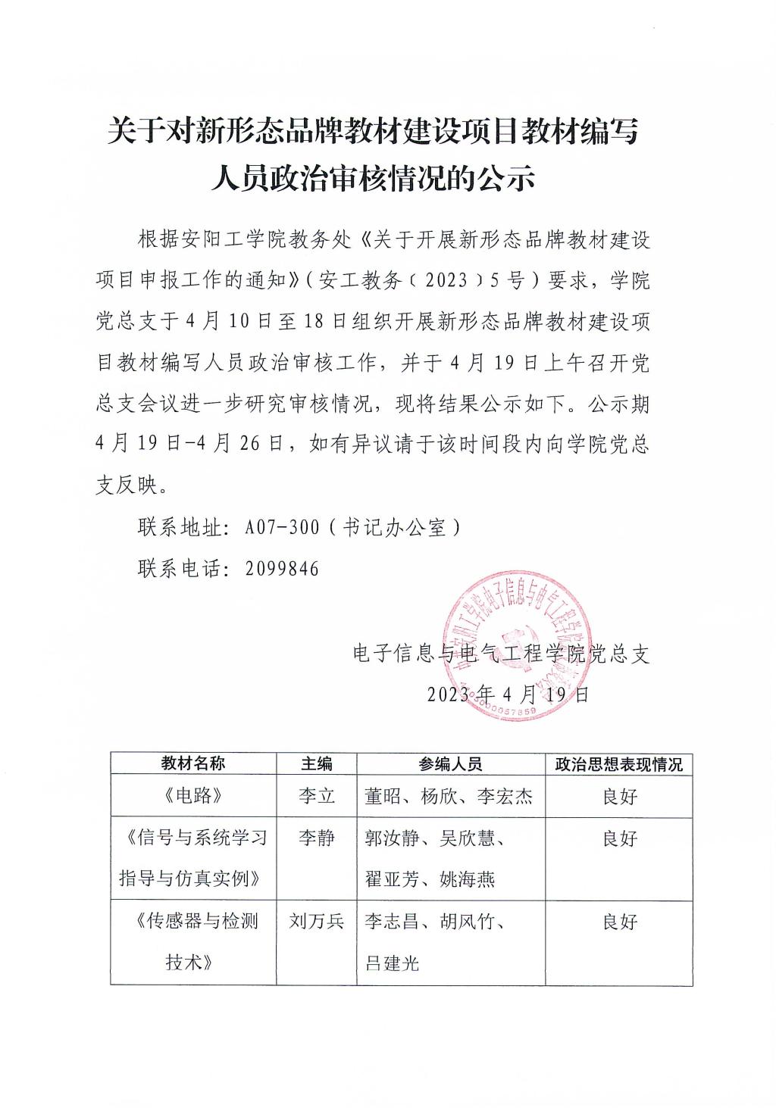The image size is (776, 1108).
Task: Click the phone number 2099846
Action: (282, 568)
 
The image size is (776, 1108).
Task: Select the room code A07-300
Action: (282, 527)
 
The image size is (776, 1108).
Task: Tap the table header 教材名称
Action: (192, 763)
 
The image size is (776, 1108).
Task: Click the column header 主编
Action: (316, 763)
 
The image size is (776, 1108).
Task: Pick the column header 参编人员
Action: (450, 763)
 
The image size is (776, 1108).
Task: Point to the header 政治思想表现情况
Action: (618, 763)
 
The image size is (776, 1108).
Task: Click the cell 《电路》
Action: (192, 796)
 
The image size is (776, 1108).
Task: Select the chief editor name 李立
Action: (316, 796)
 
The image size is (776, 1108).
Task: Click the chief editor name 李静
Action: (316, 838)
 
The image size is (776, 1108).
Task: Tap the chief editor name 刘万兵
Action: (316, 921)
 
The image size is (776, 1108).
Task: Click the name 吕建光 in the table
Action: (392, 963)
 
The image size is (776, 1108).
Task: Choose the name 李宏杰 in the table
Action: (505, 796)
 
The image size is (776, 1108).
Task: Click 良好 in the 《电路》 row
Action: (619, 796)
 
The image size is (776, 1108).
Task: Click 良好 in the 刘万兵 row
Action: (619, 921)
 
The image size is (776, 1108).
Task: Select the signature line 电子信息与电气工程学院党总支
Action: (502, 653)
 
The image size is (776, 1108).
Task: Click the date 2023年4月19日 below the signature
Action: (508, 694)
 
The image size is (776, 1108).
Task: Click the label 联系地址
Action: (178, 527)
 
